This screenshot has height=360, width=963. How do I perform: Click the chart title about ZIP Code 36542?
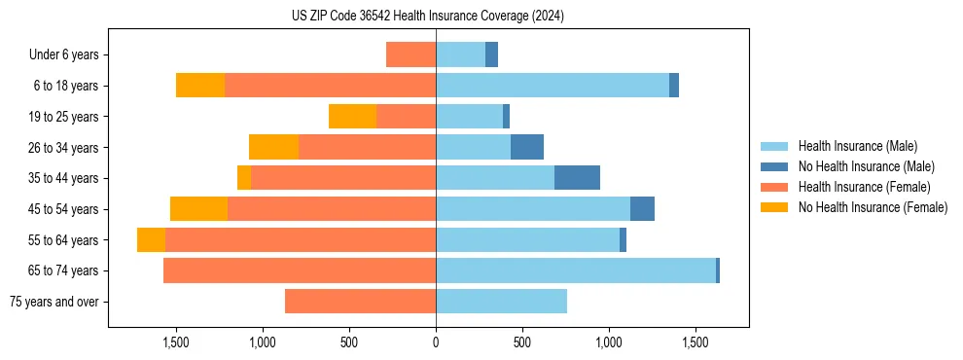(428, 16)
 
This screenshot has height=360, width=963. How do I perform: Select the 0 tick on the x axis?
(436, 343)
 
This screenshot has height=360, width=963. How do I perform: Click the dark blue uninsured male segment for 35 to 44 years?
(577, 178)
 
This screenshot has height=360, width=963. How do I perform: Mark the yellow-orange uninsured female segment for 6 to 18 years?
(200, 86)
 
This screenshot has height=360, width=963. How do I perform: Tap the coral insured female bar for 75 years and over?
(360, 302)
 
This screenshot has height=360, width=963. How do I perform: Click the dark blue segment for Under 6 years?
(491, 55)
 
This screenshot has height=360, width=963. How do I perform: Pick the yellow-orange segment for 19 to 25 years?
(352, 117)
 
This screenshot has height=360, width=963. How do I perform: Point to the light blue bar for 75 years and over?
(501, 302)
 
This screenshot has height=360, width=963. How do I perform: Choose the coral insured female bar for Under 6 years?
(410, 55)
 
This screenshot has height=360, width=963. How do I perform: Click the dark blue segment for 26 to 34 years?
(527, 147)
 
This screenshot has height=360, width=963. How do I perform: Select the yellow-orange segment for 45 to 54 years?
(198, 209)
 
